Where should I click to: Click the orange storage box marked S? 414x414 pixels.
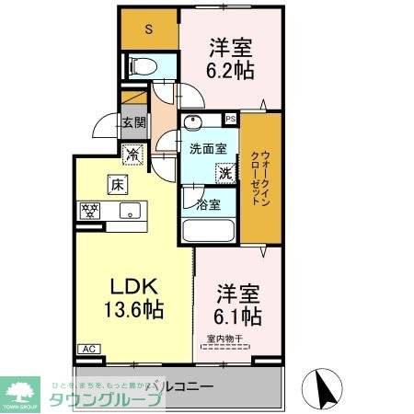(x=149, y=29)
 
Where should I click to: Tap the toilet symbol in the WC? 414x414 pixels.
(x=142, y=65)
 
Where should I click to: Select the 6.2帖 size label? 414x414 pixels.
(x=231, y=69)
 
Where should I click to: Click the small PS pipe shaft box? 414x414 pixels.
(x=230, y=119)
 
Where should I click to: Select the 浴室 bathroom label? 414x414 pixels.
(x=208, y=204)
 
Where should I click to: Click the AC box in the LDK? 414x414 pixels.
(x=89, y=350)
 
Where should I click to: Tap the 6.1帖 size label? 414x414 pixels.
(x=239, y=316)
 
